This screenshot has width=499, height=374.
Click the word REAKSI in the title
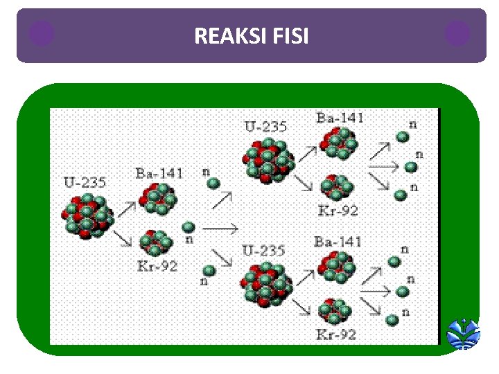[x=225, y=35]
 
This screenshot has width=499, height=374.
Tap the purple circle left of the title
[x=42, y=33]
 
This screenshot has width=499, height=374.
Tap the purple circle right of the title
[x=457, y=33]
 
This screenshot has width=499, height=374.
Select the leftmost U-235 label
[x=85, y=183]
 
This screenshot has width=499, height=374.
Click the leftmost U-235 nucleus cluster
[x=88, y=215]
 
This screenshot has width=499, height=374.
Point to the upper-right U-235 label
[x=265, y=127]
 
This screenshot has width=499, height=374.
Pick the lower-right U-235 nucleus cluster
[x=267, y=285]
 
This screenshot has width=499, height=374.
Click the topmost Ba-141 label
[x=340, y=118]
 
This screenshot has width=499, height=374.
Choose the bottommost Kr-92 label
[x=337, y=335]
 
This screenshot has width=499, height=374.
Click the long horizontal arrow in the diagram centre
[x=220, y=226]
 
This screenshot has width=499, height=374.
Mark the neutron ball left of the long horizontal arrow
[x=189, y=226]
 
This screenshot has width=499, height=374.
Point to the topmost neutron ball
[x=402, y=137]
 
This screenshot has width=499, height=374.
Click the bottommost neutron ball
[x=392, y=319]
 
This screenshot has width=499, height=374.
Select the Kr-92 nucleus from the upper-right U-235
[x=338, y=186]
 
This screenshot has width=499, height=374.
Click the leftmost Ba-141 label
[x=159, y=173]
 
